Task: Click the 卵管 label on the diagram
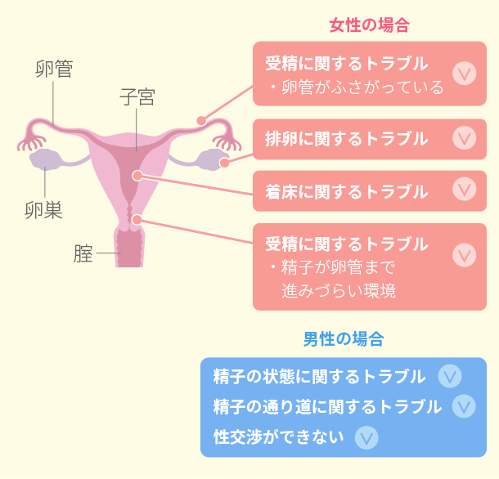click(53, 69)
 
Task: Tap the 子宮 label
click(137, 99)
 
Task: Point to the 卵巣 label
click(43, 210)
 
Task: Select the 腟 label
click(83, 254)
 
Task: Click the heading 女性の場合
click(369, 25)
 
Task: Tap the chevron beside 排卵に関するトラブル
click(464, 138)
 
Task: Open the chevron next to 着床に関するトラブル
click(464, 190)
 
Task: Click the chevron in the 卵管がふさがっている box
click(464, 74)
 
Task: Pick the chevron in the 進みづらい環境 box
click(464, 254)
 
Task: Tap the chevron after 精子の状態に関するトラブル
click(449, 376)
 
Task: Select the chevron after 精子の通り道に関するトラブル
click(464, 406)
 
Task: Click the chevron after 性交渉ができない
click(367, 437)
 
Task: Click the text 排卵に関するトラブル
click(346, 139)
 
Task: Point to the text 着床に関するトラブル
click(346, 192)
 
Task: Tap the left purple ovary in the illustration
click(45, 159)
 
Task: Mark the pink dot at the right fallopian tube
click(200, 120)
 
